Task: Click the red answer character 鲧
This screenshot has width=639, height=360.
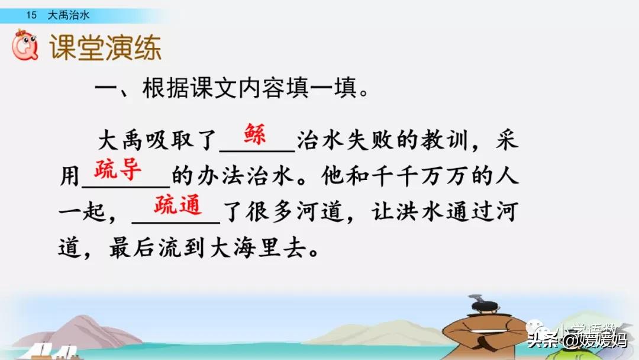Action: (x=255, y=134)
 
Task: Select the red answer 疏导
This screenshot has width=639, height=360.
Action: (x=118, y=169)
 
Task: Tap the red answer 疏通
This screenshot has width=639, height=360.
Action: (x=178, y=205)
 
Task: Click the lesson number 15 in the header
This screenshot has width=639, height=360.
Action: (x=31, y=15)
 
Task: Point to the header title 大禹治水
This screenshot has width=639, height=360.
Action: (x=69, y=15)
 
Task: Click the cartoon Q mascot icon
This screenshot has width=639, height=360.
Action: (x=25, y=45)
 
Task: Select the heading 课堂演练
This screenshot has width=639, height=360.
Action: (x=105, y=47)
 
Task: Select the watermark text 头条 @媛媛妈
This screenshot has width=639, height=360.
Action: (x=577, y=340)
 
